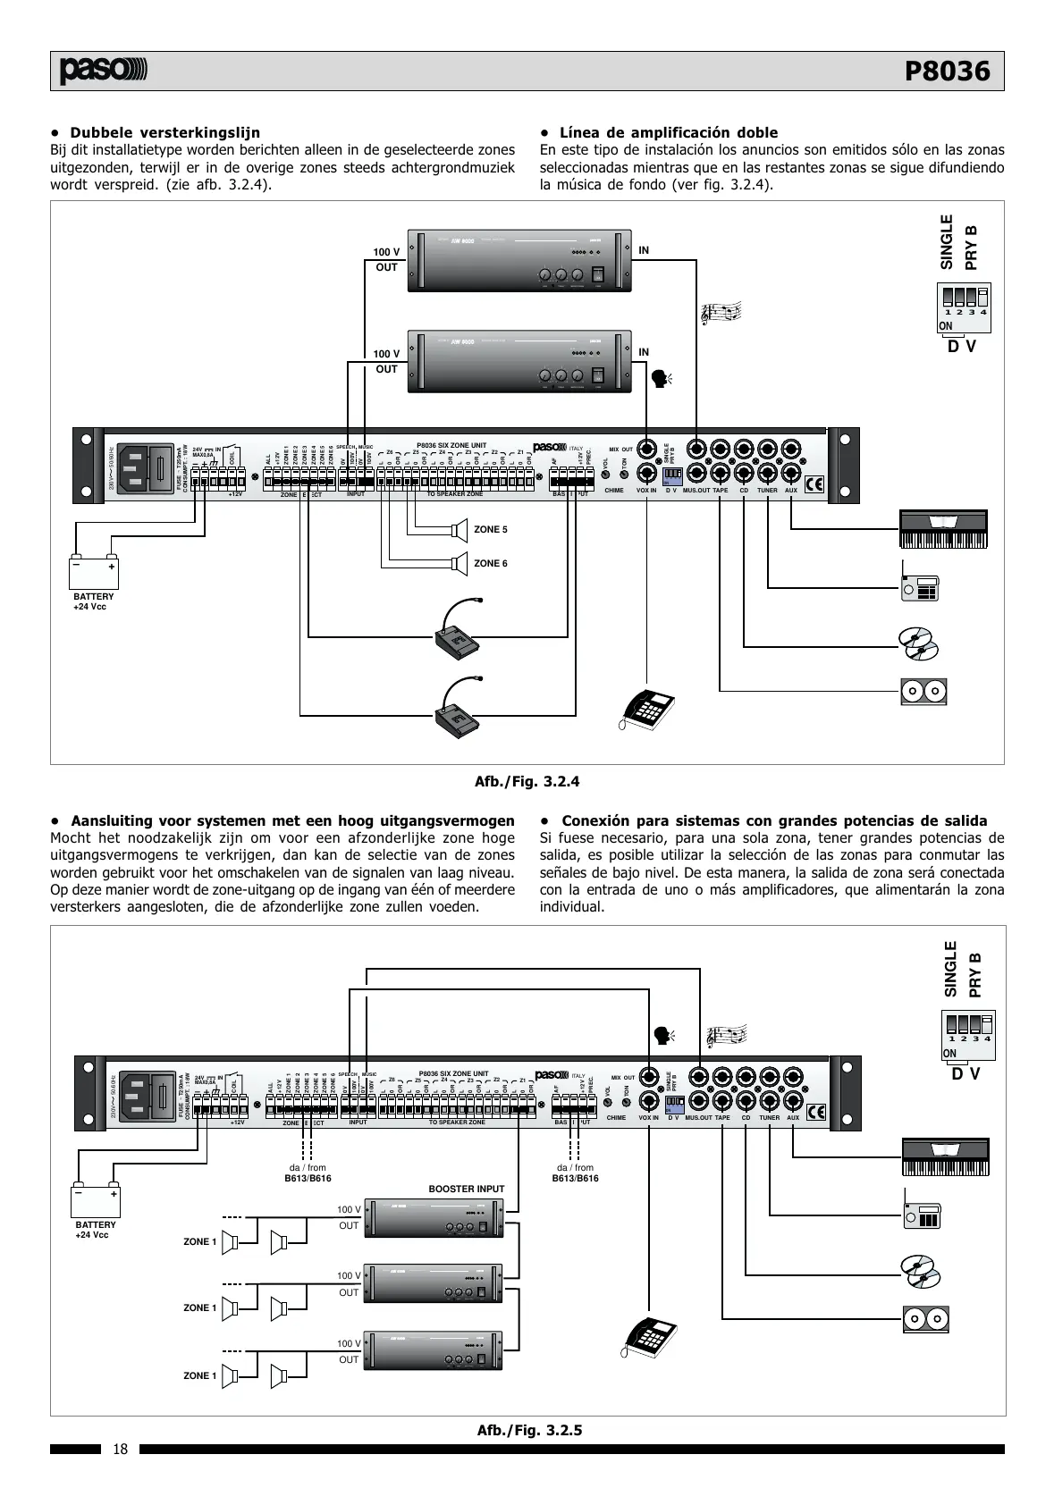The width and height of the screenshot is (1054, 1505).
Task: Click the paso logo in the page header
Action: (104, 71)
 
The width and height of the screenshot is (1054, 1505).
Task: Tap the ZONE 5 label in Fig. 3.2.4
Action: (490, 530)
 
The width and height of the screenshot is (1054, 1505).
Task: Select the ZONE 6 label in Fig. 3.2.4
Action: (490, 564)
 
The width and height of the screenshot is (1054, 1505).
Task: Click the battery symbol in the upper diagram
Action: (95, 570)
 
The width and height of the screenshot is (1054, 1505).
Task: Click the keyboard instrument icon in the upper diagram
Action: (942, 530)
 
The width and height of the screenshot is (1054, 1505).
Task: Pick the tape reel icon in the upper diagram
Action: (923, 691)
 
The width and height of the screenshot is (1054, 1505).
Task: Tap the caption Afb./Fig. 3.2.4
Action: (527, 781)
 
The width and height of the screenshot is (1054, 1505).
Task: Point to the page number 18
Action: (121, 1450)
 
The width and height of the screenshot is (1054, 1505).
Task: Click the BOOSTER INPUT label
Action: (467, 1190)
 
